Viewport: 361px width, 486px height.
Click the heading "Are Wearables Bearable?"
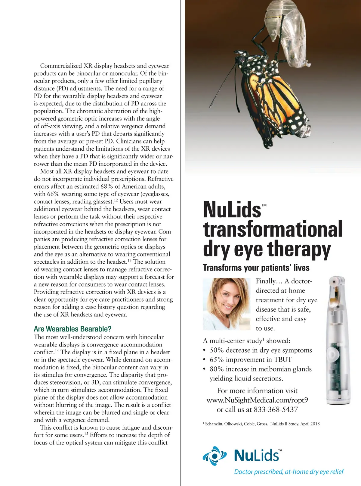click(x=73, y=329)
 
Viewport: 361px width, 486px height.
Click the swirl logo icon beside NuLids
click(x=214, y=456)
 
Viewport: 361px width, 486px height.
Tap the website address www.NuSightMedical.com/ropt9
click(x=257, y=400)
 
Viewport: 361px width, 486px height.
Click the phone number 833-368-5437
click(x=276, y=410)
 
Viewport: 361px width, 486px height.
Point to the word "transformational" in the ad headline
click(x=273, y=230)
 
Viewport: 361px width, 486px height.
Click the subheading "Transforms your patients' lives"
click(x=256, y=268)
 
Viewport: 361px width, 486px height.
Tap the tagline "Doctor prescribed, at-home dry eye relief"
click(x=289, y=472)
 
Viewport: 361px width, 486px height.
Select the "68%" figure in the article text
click(x=109, y=187)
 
